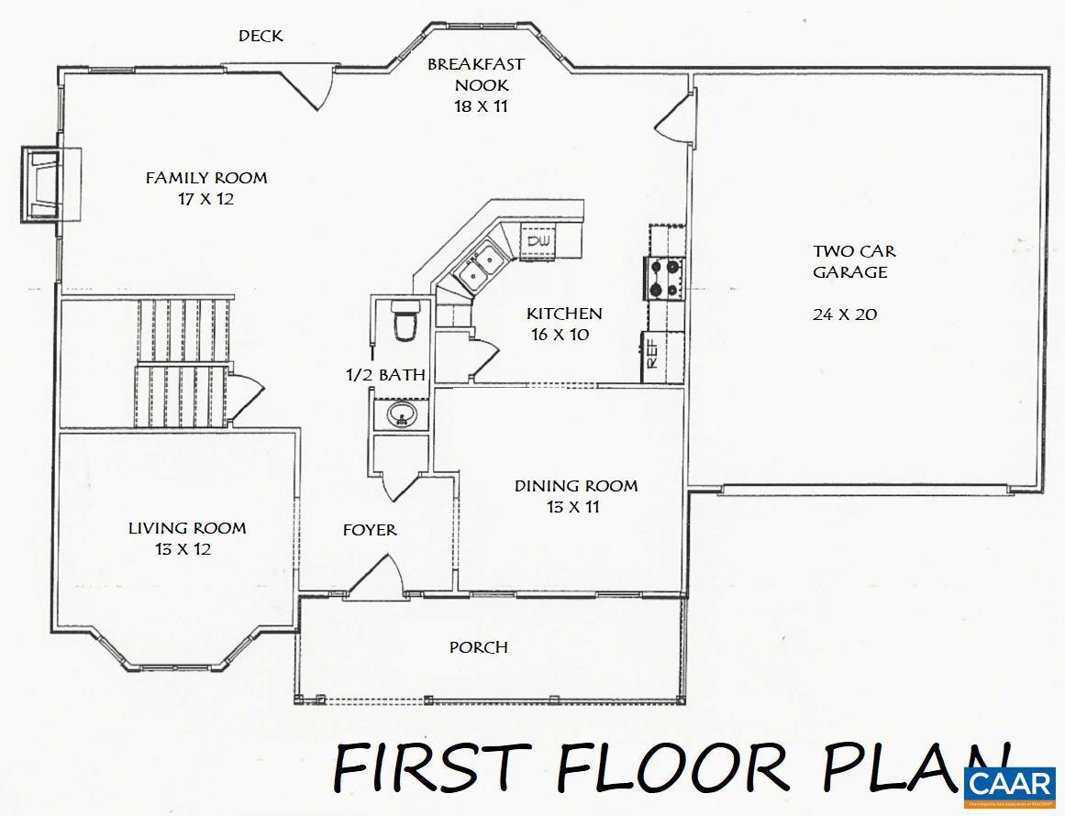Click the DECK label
261,37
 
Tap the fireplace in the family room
47,183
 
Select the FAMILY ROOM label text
206,178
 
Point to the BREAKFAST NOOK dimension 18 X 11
481,106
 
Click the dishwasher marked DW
538,240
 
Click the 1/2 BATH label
384,374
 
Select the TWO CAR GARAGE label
854,261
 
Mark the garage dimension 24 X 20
844,314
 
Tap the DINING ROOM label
575,486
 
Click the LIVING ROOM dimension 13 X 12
184,549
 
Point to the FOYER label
370,530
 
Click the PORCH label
478,648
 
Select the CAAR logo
1010,784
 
